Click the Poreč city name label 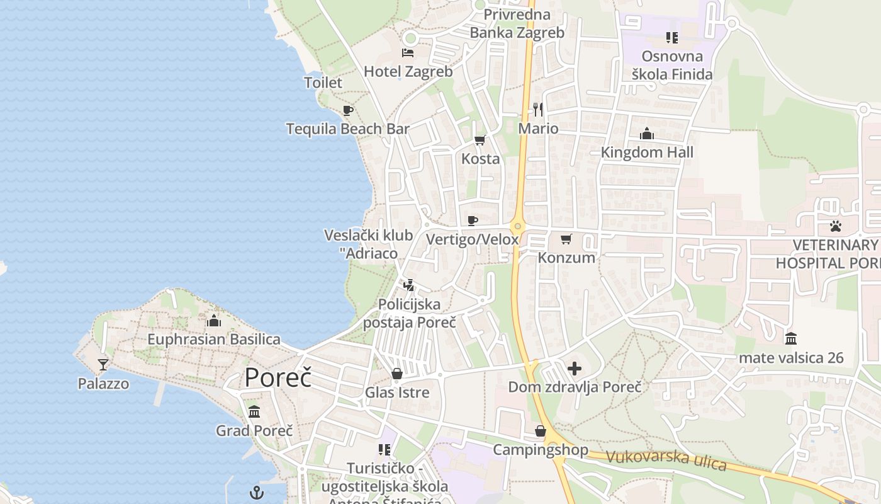[x=278, y=377]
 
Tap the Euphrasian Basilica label [x=214, y=340]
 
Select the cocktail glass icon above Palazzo [x=103, y=364]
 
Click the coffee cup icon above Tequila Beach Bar [x=348, y=111]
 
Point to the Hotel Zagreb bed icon [x=408, y=52]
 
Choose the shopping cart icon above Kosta [x=480, y=140]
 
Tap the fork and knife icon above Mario [x=538, y=110]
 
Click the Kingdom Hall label [x=647, y=152]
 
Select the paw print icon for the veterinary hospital [x=836, y=226]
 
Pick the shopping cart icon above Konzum [x=566, y=239]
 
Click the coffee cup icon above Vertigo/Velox [x=473, y=220]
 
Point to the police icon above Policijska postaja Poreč [x=409, y=285]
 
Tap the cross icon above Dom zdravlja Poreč [x=575, y=369]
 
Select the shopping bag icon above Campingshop [x=540, y=431]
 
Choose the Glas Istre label [x=397, y=392]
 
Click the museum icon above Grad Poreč [x=254, y=412]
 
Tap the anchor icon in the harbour [x=257, y=493]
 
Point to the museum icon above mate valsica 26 [x=791, y=339]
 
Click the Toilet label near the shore [x=323, y=83]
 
